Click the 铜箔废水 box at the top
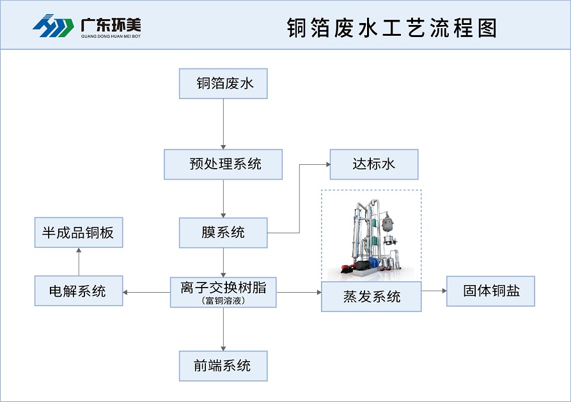coord(223,84)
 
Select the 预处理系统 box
coord(223,164)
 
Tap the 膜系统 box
coord(223,233)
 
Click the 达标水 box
coord(373,164)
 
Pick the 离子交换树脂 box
coord(223,288)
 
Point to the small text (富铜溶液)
coord(223,300)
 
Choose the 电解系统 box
coord(78,291)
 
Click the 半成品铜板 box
coord(78,233)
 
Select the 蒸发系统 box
coord(371,297)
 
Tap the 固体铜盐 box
coord(490,291)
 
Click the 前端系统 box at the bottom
coord(223,366)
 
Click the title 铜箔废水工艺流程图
coord(392,27)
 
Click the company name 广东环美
coord(111,24)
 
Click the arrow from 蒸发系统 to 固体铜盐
coord(434,291)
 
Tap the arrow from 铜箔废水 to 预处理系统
coord(223,123)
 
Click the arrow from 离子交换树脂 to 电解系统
coord(146,292)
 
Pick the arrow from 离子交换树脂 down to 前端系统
coord(223,329)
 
